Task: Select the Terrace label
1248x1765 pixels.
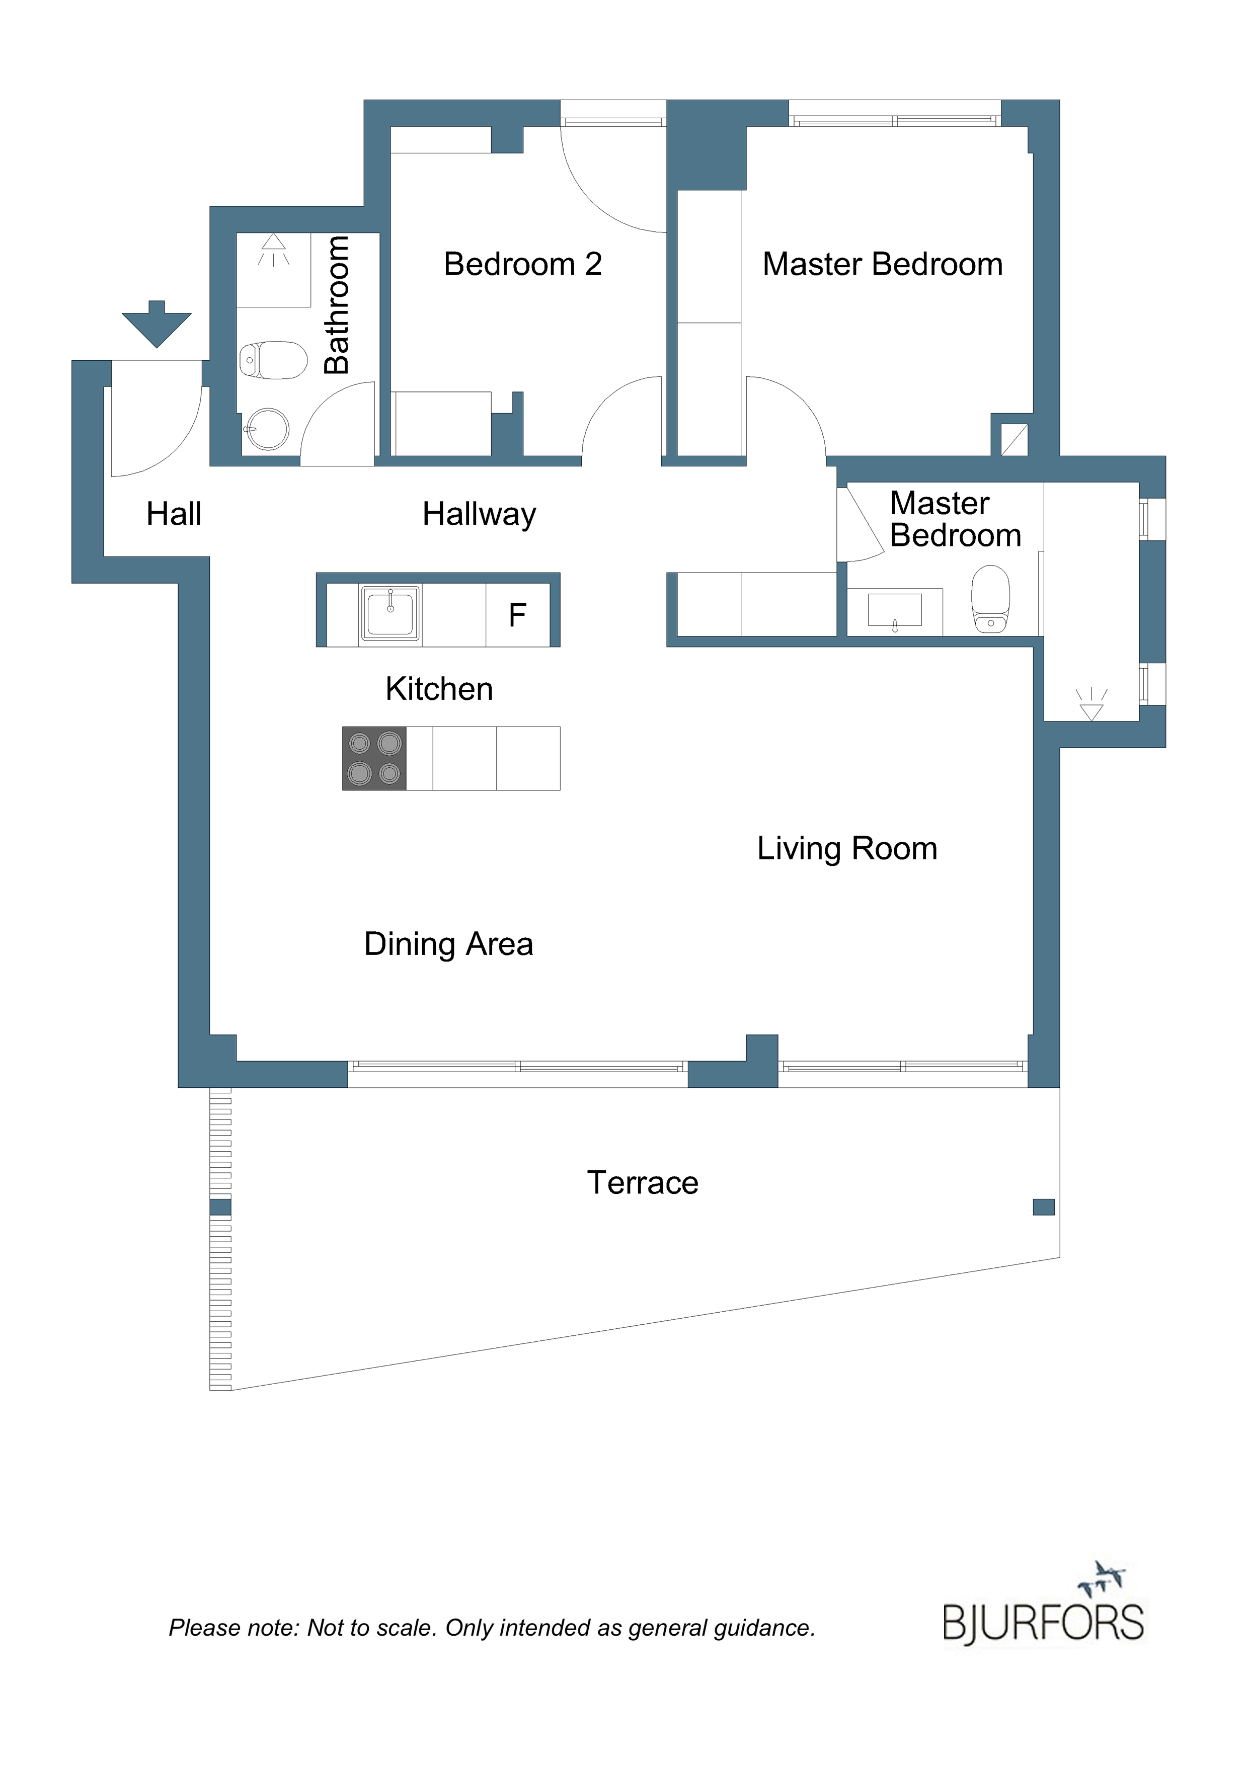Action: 643,1182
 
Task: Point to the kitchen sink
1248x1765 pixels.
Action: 390,613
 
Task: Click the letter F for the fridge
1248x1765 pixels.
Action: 517,615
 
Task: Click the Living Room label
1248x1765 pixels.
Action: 847,849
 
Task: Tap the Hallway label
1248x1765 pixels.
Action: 479,514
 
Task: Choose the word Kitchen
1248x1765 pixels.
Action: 439,689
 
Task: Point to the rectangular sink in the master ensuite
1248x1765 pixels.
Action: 894,610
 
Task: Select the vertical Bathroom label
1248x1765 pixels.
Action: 337,305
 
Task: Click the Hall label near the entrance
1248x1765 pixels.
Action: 174,514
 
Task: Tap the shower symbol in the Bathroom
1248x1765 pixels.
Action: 273,250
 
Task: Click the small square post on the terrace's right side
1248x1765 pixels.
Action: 1044,1207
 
